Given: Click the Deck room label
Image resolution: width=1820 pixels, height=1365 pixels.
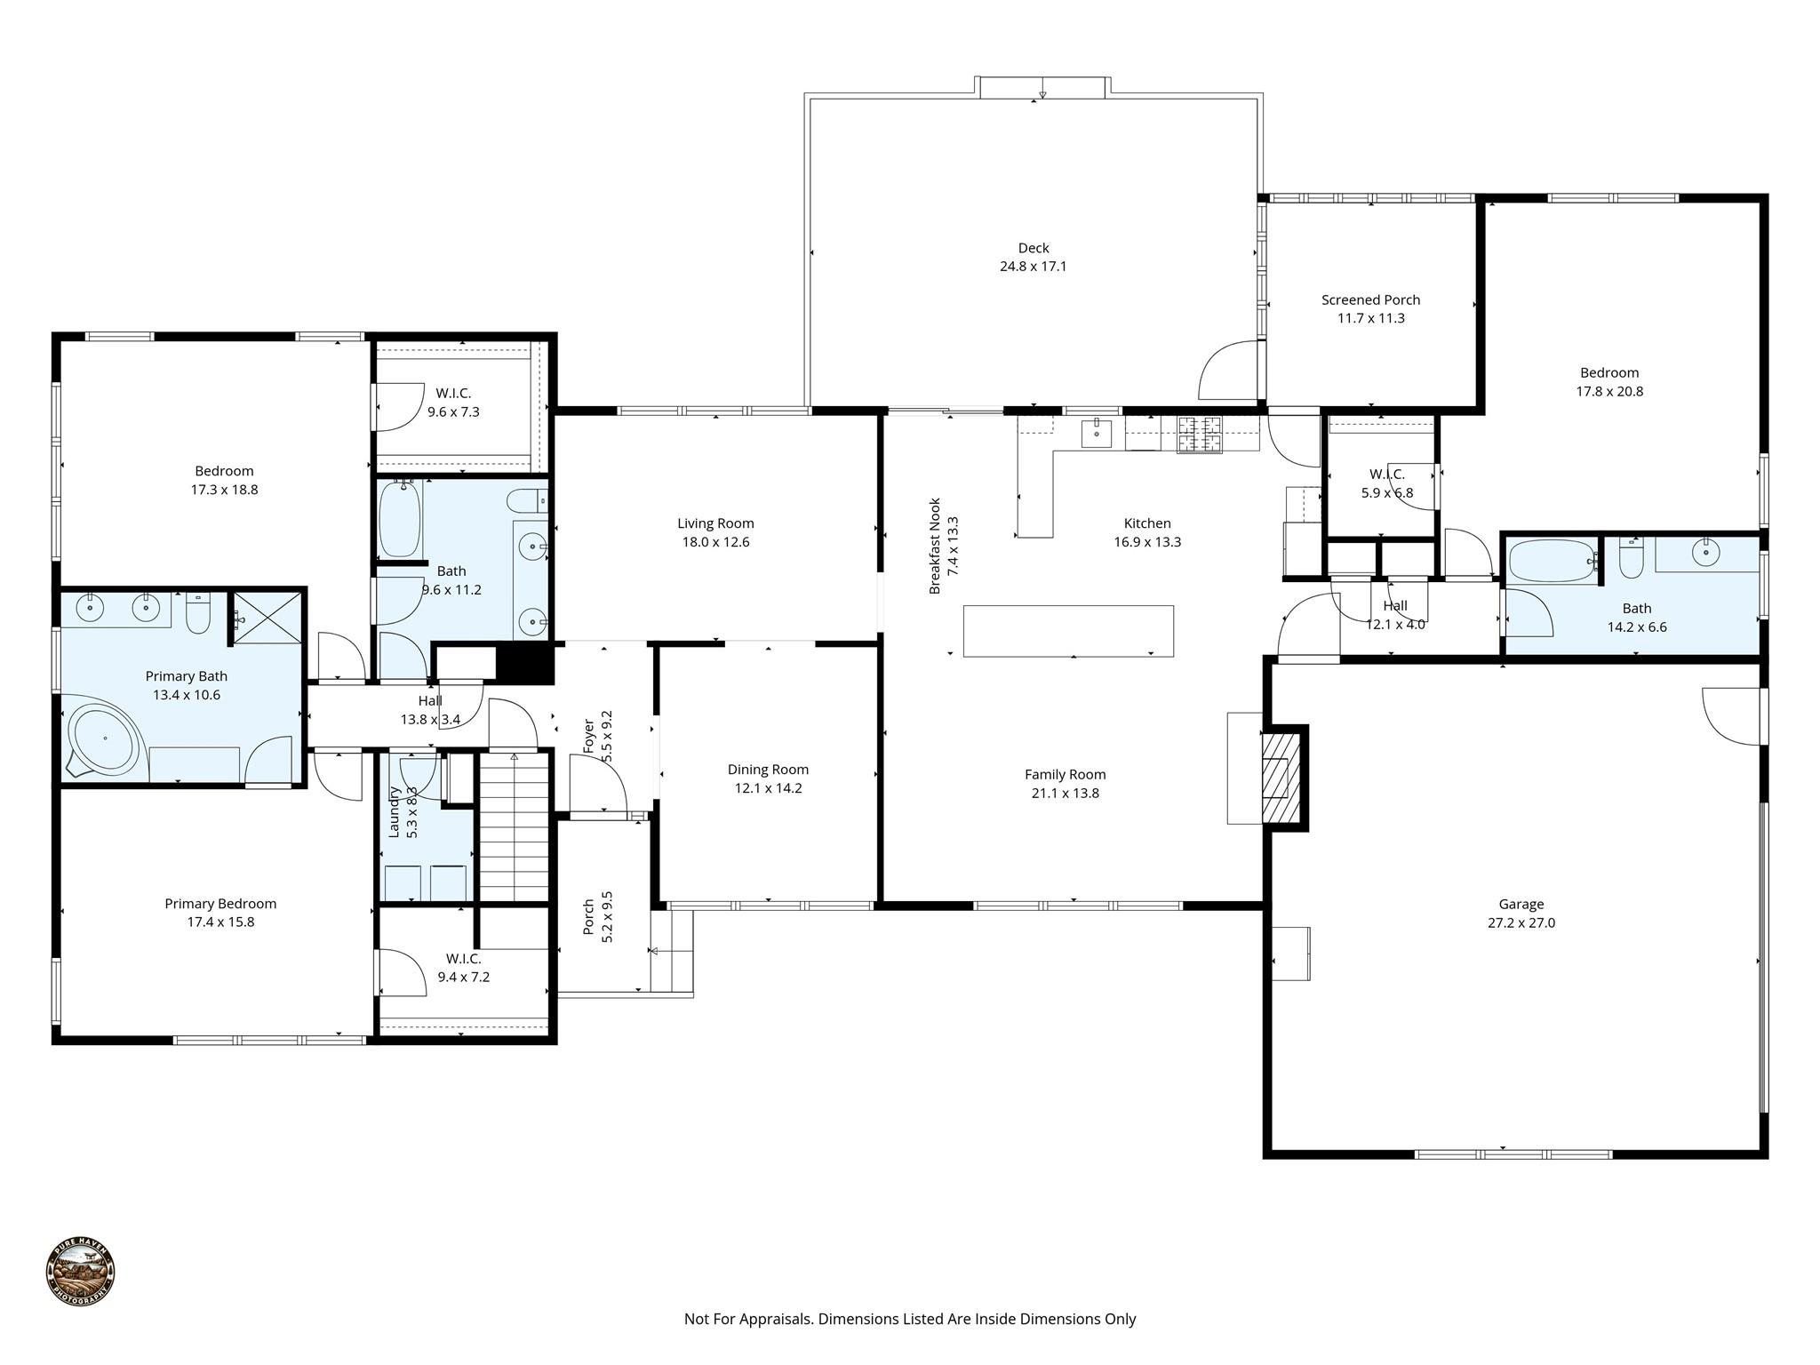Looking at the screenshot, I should coord(1033,248).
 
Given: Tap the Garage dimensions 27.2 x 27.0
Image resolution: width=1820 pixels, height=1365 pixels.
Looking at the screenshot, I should coord(1521,922).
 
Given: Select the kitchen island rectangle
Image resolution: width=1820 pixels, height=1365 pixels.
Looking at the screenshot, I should coord(1068,631).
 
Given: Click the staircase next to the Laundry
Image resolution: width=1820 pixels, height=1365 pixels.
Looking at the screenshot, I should coord(514,826).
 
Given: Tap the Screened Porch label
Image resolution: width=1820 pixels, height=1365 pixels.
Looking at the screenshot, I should coord(1370,299).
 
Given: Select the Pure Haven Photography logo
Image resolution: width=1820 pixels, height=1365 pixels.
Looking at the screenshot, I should coord(80,1272).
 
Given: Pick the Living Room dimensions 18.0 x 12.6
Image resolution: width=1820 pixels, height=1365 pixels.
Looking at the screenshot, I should coord(715,542).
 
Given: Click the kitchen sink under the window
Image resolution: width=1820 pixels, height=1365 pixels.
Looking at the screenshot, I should coord(1097,435).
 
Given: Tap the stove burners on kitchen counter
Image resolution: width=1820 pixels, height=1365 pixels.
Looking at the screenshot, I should coord(1199,435).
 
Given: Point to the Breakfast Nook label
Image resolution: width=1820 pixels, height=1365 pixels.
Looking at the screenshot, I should coord(935,546).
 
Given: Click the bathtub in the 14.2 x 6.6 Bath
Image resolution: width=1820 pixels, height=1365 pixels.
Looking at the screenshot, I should coord(1551,561).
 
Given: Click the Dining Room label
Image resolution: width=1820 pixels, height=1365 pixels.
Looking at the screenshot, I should coord(768,770).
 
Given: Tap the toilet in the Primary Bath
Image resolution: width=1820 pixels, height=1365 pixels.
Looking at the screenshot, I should coord(197,613).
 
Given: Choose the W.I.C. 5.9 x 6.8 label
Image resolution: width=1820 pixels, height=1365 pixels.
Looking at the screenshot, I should coord(1386,475).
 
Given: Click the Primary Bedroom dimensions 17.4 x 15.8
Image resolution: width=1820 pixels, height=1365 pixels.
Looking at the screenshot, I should coord(220,922).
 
